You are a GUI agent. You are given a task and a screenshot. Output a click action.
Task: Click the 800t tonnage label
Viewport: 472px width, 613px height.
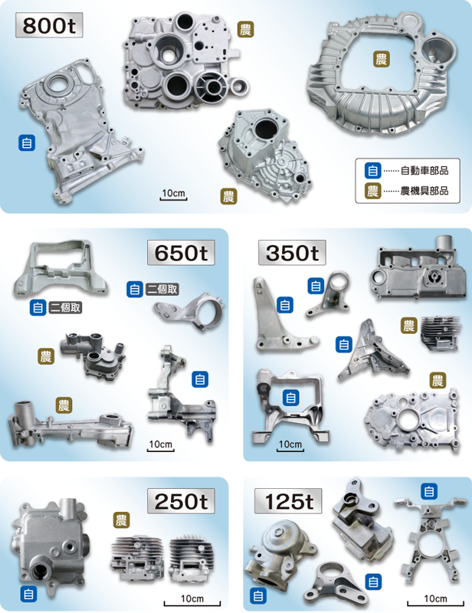click(x=48, y=25)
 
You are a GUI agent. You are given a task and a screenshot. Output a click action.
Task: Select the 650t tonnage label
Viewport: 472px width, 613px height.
click(x=182, y=252)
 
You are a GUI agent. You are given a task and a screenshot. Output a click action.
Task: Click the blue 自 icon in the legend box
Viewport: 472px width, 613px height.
click(x=373, y=170)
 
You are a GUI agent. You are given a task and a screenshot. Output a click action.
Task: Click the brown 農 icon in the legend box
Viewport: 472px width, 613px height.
click(x=373, y=191)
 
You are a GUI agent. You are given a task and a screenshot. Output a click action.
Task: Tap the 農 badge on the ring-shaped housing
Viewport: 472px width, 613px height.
click(x=381, y=59)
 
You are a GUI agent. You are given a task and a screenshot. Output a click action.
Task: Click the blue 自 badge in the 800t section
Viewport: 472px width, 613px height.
click(x=27, y=142)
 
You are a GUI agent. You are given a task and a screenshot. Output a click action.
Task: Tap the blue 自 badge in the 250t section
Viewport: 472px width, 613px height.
click(x=28, y=593)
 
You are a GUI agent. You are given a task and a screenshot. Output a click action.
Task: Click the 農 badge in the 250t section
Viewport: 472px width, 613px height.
click(x=121, y=521)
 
